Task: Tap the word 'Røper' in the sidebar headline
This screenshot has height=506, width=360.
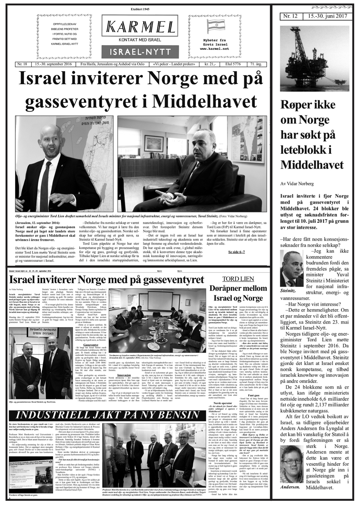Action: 294,105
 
